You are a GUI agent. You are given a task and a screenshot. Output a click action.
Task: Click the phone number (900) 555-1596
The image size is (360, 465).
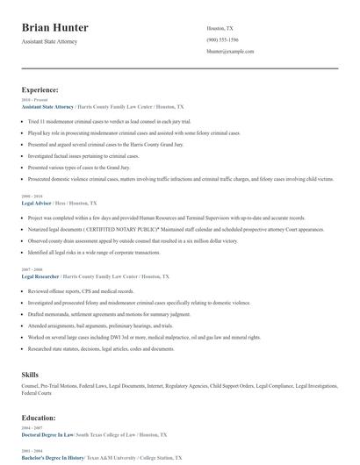point(225,40)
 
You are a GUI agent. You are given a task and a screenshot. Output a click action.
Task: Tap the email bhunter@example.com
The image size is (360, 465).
point(230,52)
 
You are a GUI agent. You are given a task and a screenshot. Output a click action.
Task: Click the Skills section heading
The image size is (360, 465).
point(30,375)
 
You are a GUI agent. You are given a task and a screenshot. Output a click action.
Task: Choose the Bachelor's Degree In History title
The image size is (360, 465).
point(53,458)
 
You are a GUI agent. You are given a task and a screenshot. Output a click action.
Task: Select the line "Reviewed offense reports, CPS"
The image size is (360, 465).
point(80,290)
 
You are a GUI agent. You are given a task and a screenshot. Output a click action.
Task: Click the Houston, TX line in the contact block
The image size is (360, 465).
point(220,28)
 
